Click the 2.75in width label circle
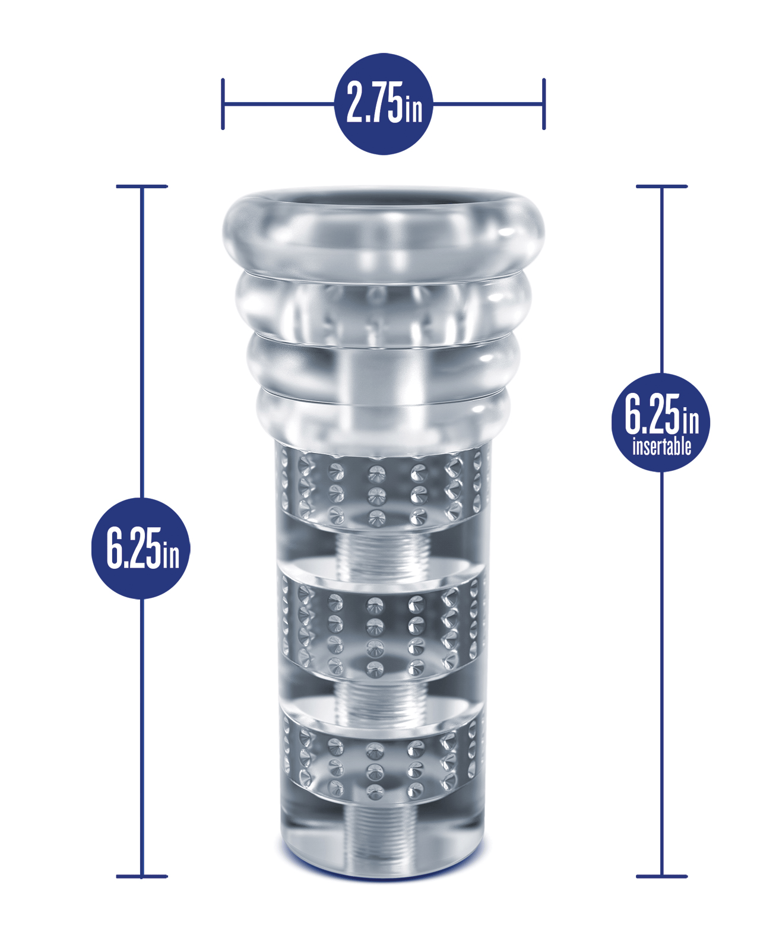pos(384,104)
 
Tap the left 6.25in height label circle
pos(141,549)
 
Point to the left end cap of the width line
pos(223,104)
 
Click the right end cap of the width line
pos(544,104)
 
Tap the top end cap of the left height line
pos(142,186)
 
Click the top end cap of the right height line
pos(662,186)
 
